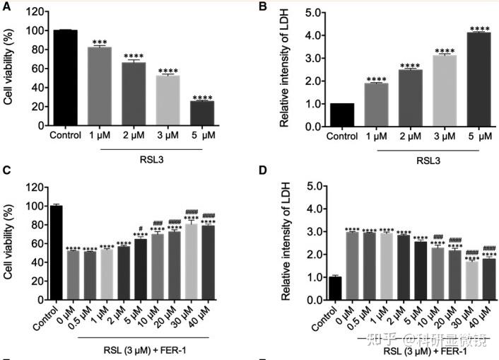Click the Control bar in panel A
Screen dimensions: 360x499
(65, 78)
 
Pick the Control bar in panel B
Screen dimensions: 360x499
(342, 115)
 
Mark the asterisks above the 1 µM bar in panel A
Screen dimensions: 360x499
(100, 42)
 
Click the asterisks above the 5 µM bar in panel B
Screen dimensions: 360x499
(479, 28)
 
